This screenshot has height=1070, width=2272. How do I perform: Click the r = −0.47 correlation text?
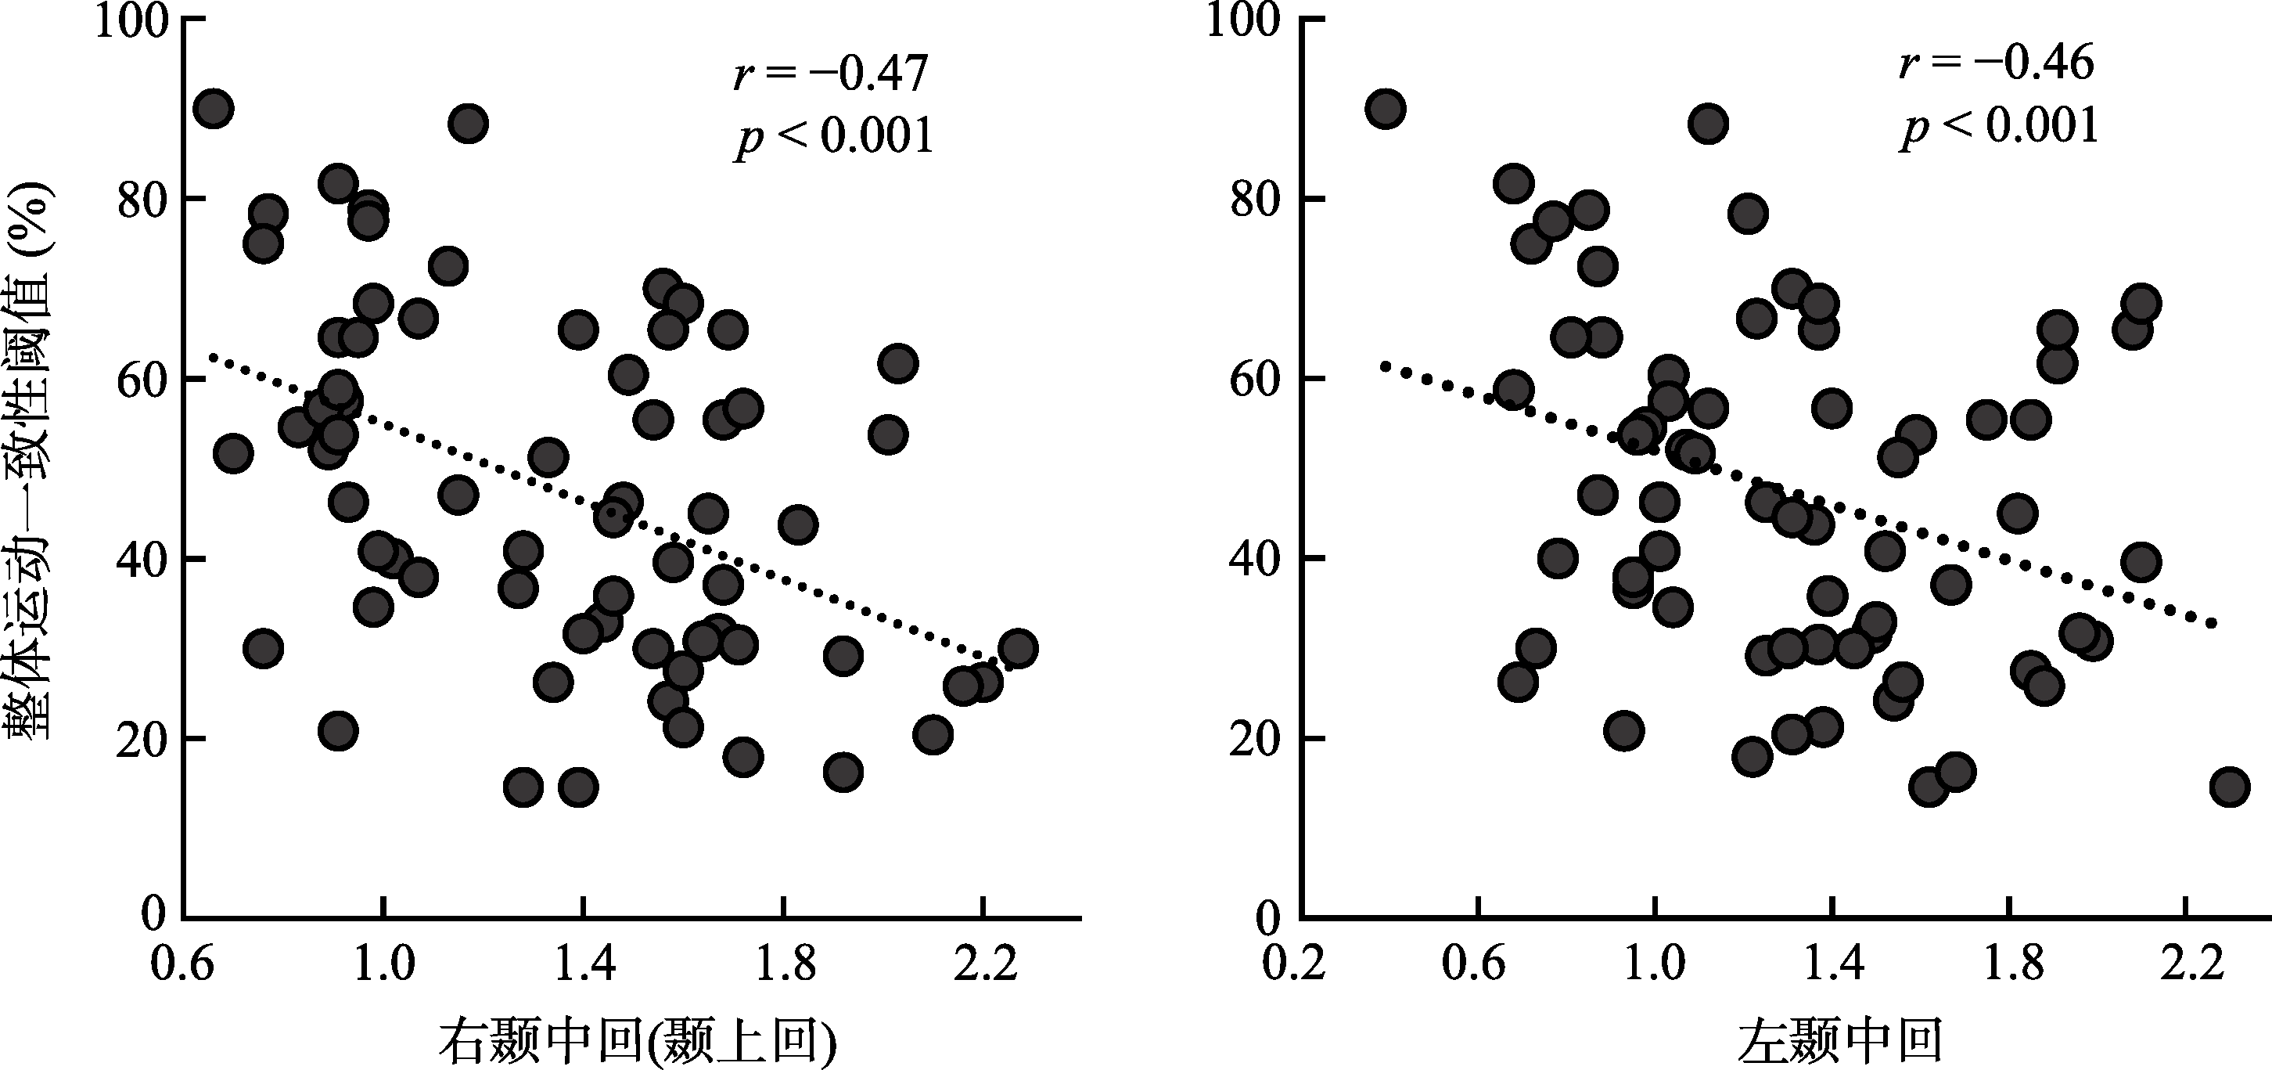pos(831,74)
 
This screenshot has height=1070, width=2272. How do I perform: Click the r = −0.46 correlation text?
pos(1997,63)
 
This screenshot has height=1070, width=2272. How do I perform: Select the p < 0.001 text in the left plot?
pos(834,137)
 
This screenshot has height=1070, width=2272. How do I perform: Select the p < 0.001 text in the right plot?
pos(2001,125)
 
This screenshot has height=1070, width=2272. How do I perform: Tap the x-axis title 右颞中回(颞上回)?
pos(637,1042)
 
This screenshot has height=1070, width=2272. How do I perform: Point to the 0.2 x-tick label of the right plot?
pos(1294,964)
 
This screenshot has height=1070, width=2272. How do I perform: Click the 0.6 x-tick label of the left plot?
pos(182,964)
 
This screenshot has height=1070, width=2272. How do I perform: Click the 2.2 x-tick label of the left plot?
pos(985,964)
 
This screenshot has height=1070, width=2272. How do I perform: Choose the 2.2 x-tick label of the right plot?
pos(2184,964)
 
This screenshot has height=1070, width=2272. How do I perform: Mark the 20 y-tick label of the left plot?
pos(143,739)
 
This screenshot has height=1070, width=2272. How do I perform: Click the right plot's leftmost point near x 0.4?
pos(1385,110)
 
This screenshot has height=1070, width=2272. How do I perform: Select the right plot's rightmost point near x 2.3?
pos(2230,787)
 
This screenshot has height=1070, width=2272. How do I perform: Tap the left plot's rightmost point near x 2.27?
pos(1018,648)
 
